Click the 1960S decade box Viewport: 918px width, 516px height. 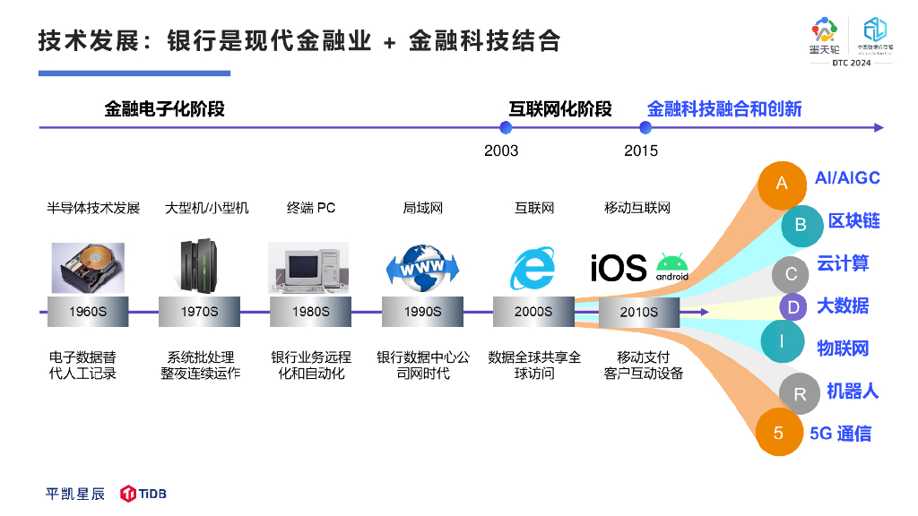point(88,312)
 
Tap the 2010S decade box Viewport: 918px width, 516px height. point(639,312)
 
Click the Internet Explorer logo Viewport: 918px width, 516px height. point(533,266)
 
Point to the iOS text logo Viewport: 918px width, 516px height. point(618,267)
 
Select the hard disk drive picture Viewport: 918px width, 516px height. point(88,267)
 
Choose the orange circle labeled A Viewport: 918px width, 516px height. point(782,184)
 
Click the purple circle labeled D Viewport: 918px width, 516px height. point(793,307)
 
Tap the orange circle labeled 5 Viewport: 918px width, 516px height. point(778,433)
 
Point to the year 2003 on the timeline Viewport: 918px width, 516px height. point(501,150)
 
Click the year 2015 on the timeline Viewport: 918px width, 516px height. point(641,150)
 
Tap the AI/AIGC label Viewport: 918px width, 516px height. point(847,177)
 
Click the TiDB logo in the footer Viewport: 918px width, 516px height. point(144,494)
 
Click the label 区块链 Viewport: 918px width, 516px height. point(853,221)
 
